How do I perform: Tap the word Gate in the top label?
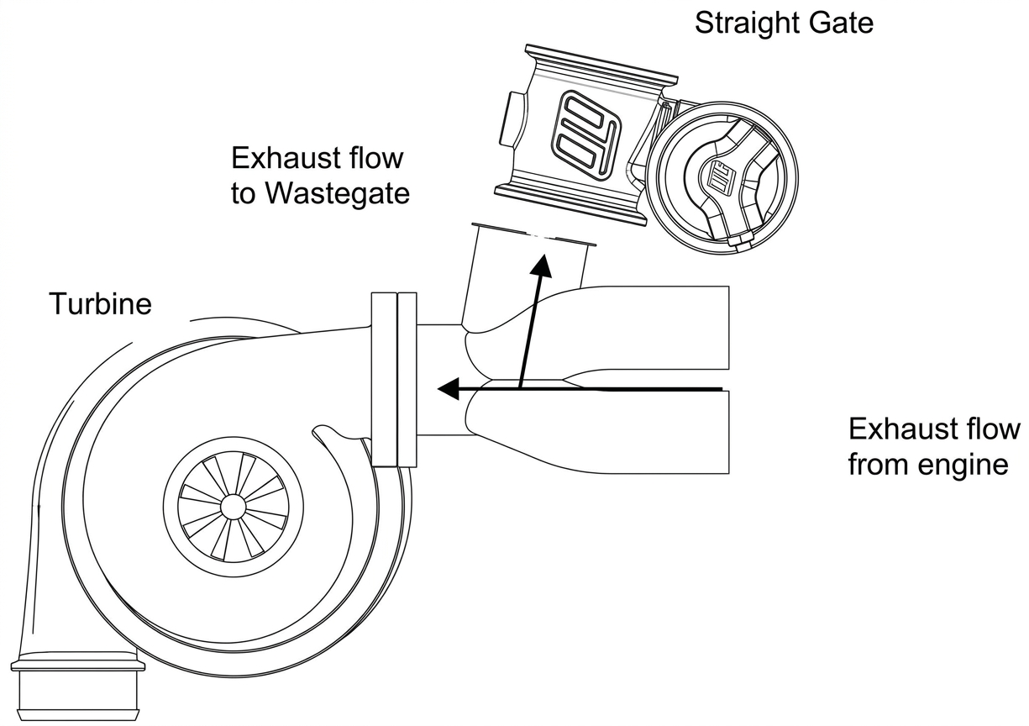click(x=842, y=23)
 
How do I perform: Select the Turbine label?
click(x=100, y=303)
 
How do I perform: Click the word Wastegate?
click(x=338, y=193)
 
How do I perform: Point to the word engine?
click(x=962, y=466)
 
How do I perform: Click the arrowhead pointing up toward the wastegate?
click(x=542, y=266)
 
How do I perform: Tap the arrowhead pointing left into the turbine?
click(x=449, y=389)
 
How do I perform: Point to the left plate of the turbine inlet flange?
click(x=384, y=380)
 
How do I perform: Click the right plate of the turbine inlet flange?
click(x=407, y=380)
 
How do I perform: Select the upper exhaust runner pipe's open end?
click(x=728, y=328)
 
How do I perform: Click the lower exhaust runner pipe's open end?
click(x=728, y=432)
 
